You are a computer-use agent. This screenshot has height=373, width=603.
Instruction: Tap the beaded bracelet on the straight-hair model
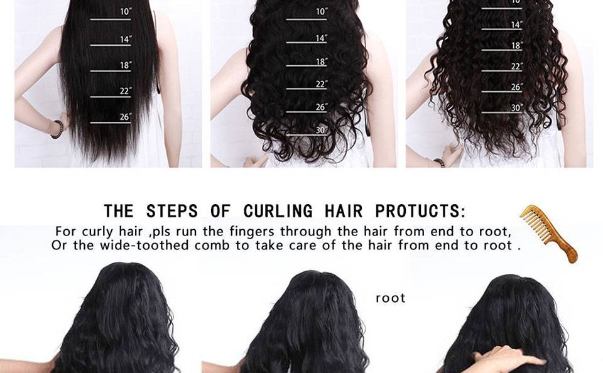pyautogui.click(x=58, y=129)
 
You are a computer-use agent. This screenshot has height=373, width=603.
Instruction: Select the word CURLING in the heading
pyautogui.click(x=278, y=211)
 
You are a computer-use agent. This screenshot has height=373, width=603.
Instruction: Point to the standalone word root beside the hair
pyautogui.click(x=390, y=298)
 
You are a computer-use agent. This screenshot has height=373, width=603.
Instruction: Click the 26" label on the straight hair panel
pyautogui.click(x=126, y=117)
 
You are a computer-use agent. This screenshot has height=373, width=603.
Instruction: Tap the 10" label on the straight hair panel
pyautogui.click(x=126, y=11)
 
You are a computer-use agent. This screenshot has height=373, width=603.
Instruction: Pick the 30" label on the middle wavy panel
pyautogui.click(x=321, y=131)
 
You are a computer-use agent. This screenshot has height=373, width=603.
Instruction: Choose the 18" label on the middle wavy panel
pyautogui.click(x=321, y=62)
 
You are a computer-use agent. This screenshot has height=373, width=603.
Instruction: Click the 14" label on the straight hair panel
pyautogui.click(x=126, y=39)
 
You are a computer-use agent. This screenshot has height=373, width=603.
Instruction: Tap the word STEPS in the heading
pyautogui.click(x=172, y=211)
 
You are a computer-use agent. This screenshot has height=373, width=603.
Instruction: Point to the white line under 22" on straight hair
pyautogui.click(x=111, y=97)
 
